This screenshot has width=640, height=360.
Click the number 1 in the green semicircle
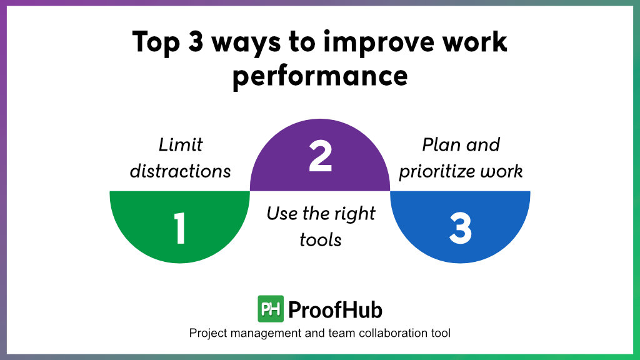point(180,229)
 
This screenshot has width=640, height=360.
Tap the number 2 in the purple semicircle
point(320,157)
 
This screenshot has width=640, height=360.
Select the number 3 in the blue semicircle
point(460,229)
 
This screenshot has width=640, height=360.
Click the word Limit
point(181,144)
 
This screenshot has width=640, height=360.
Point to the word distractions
point(181,171)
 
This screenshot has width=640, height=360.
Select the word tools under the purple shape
point(320,239)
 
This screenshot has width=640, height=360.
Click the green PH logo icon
point(271,309)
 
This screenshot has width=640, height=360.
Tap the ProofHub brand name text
point(336,309)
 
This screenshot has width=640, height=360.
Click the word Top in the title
point(154,42)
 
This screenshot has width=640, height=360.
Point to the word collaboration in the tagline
point(378,333)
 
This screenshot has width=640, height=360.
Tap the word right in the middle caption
point(355,214)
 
